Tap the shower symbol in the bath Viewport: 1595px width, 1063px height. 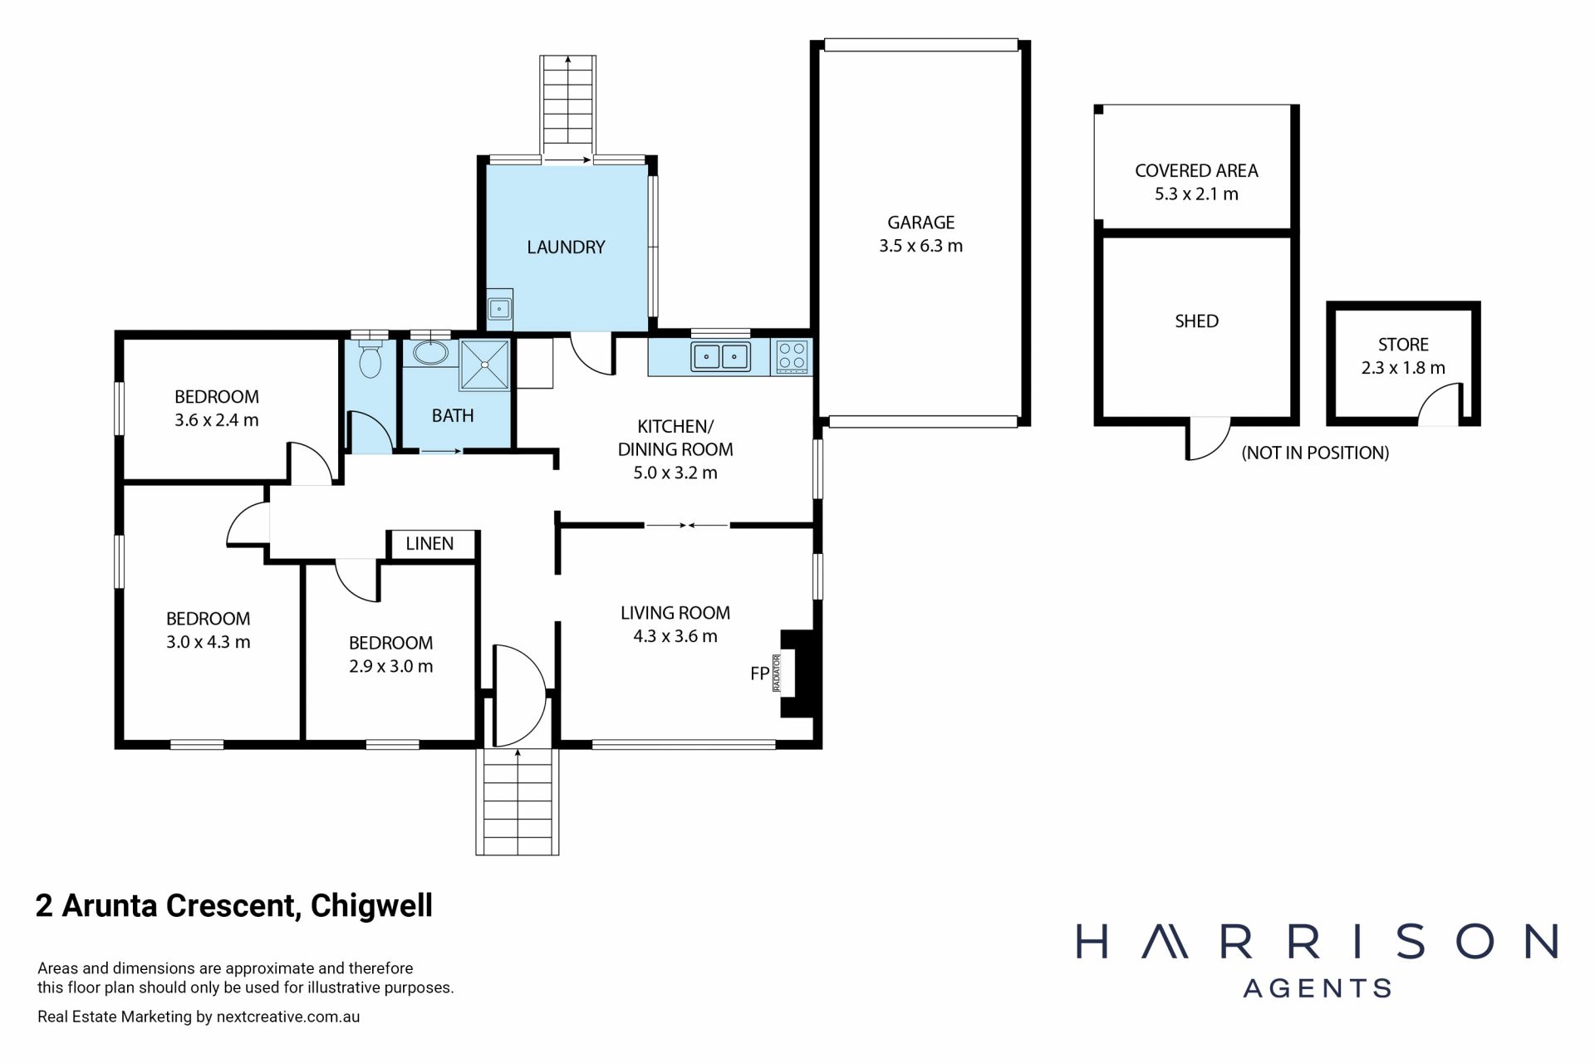point(484,365)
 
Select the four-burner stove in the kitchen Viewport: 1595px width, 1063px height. point(792,356)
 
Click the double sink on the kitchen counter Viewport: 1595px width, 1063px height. point(720,356)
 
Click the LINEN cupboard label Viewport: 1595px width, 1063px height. point(429,544)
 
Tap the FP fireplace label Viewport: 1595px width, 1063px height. point(759,674)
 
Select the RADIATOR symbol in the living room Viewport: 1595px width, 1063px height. point(777,674)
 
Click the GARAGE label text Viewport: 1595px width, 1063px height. point(920,223)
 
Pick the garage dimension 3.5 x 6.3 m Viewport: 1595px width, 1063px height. point(920,246)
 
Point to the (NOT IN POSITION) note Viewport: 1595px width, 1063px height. point(1315,453)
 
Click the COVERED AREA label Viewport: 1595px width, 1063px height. point(1196,171)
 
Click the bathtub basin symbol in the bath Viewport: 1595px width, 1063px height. point(430,353)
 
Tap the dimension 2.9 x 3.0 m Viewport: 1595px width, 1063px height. point(390,666)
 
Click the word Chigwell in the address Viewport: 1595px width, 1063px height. point(371,905)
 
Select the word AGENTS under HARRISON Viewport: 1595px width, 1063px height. point(1317,988)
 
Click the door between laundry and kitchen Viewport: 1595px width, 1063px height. point(592,353)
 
